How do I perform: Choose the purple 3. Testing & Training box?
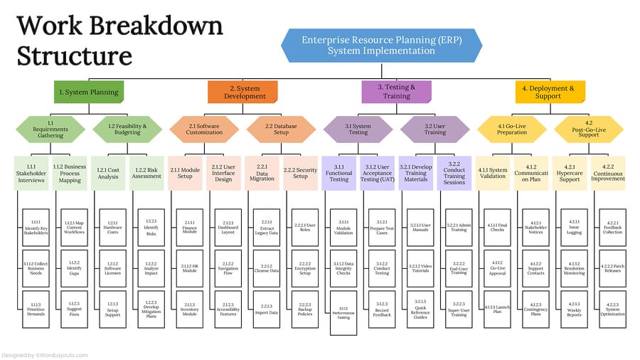(395, 92)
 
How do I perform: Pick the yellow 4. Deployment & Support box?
(550, 92)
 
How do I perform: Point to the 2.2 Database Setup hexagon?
(281, 129)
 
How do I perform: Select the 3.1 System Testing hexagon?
(357, 129)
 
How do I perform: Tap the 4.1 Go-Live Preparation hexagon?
(511, 129)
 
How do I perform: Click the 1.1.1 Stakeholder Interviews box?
(31, 174)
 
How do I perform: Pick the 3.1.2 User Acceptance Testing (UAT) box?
(377, 174)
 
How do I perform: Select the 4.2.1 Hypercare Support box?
(569, 174)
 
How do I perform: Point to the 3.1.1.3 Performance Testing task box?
(344, 314)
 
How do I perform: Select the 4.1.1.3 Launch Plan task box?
(498, 309)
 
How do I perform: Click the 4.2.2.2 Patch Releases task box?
(613, 268)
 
